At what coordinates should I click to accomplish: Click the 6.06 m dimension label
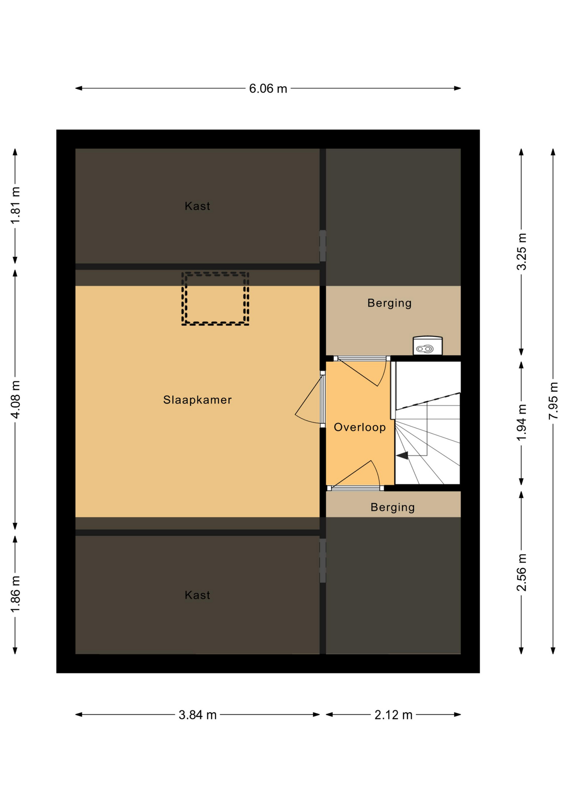pyautogui.click(x=268, y=89)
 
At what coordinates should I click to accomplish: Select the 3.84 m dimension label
pyautogui.click(x=197, y=715)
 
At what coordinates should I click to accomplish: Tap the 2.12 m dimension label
pyautogui.click(x=393, y=715)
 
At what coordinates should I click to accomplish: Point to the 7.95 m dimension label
pyautogui.click(x=553, y=401)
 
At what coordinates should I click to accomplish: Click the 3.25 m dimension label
pyautogui.click(x=521, y=252)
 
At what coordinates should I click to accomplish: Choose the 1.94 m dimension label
pyautogui.click(x=521, y=422)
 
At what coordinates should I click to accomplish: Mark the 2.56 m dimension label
pyautogui.click(x=521, y=572)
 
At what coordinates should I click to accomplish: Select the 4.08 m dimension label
pyautogui.click(x=15, y=399)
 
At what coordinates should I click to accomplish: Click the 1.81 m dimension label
pyautogui.click(x=15, y=205)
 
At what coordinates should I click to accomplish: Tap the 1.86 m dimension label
pyautogui.click(x=15, y=594)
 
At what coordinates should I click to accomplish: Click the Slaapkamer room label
pyautogui.click(x=197, y=400)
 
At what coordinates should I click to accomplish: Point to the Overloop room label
pyautogui.click(x=360, y=427)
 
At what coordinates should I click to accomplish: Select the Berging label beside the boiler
pyautogui.click(x=389, y=303)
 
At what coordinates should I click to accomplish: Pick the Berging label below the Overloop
pyautogui.click(x=393, y=507)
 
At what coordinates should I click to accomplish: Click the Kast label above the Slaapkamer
pyautogui.click(x=197, y=206)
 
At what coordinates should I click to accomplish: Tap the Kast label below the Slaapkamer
pyautogui.click(x=197, y=595)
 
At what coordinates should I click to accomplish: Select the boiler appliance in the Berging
pyautogui.click(x=427, y=346)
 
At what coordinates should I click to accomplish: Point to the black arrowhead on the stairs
pyautogui.click(x=402, y=455)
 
